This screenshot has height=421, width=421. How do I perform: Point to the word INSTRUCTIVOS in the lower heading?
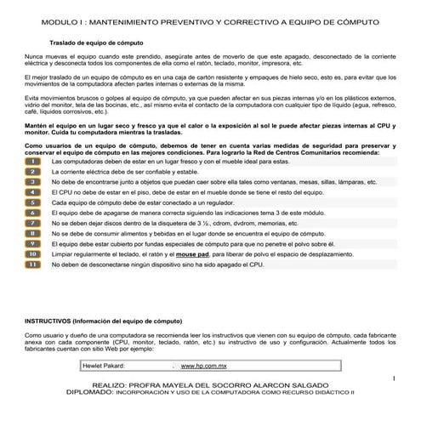pyautogui.click(x=51, y=322)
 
